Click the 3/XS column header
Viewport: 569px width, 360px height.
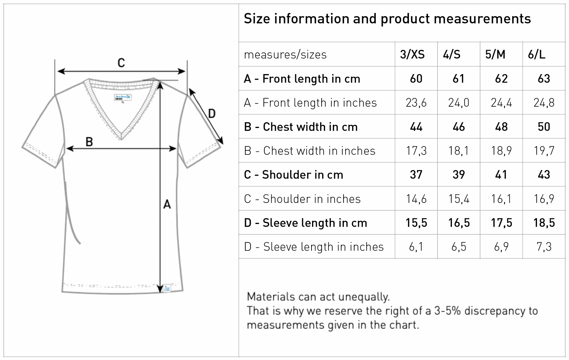coord(412,55)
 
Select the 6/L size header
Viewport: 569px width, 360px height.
coord(537,55)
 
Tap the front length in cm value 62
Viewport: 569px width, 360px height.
coord(501,79)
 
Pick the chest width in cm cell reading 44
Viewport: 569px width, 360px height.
coord(416,127)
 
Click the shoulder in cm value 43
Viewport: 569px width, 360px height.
coord(544,175)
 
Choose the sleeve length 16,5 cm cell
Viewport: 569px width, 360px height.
coord(459,223)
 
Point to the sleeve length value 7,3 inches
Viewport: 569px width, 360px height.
coord(544,247)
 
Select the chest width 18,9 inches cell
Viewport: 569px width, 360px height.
coord(501,151)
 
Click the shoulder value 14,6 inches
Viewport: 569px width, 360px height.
coord(416,199)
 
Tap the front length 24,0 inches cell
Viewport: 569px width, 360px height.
coord(459,103)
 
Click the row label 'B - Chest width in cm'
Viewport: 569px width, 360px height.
coord(301,127)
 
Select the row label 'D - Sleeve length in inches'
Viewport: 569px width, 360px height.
coord(314,247)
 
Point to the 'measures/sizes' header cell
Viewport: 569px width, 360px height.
coord(285,55)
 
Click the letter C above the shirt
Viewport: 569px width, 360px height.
coord(121,63)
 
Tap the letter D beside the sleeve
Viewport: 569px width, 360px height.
coord(212,113)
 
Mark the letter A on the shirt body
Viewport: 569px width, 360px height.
coord(167,204)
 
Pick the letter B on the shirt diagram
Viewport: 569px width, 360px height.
coord(89,142)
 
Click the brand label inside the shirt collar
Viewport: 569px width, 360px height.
coord(123,97)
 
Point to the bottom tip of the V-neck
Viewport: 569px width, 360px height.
coord(121,139)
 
